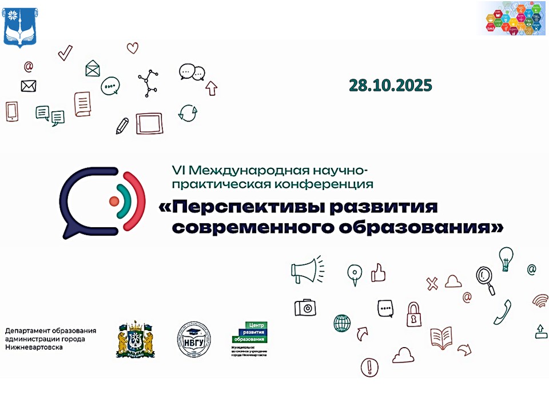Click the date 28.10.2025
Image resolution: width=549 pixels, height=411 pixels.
click(x=391, y=86)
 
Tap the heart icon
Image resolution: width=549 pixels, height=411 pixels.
click(x=133, y=48)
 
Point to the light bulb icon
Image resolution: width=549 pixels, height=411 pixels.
click(x=506, y=259)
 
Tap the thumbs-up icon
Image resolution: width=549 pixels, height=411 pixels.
click(x=378, y=272)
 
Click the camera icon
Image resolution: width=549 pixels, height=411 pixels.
click(x=305, y=308)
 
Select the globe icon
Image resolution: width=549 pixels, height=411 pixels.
click(x=342, y=323)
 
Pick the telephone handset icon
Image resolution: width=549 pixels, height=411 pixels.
click(x=503, y=312)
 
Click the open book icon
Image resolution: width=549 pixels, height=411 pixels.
click(x=442, y=338)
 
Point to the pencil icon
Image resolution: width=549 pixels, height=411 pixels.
click(x=122, y=126)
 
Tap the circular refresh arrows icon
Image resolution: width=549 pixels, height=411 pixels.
click(x=188, y=112)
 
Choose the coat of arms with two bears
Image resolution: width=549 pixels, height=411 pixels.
click(x=135, y=338)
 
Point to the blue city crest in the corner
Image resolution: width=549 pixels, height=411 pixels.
click(x=21, y=25)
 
